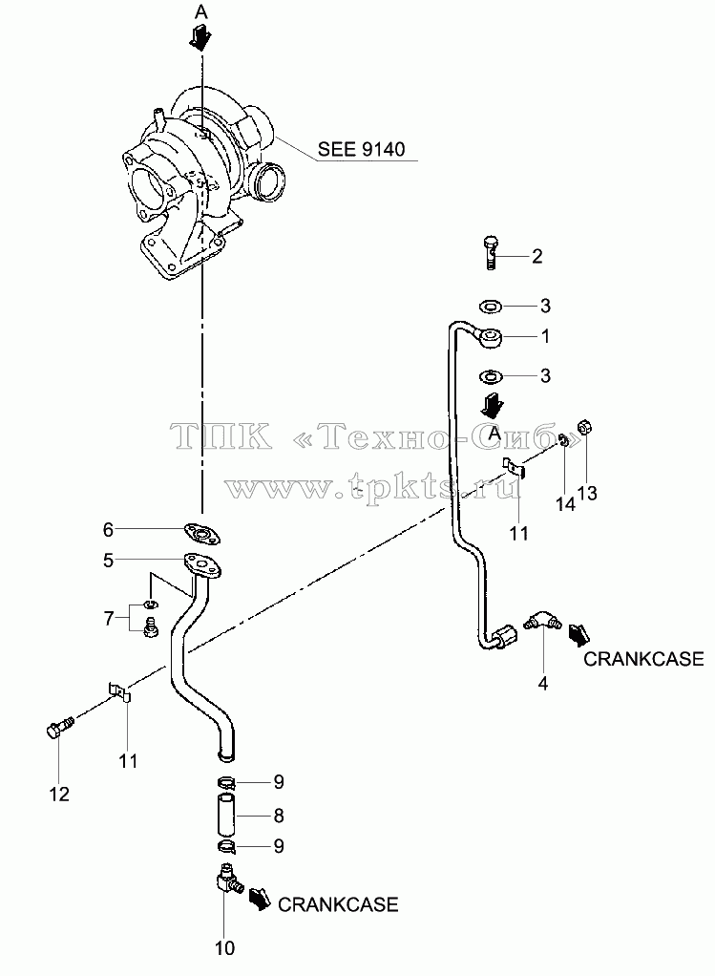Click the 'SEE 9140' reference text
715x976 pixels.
click(361, 149)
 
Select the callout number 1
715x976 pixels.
click(546, 337)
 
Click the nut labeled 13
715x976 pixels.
click(585, 428)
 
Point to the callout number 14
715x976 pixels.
click(565, 503)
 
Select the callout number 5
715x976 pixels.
click(108, 561)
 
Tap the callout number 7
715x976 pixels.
click(108, 619)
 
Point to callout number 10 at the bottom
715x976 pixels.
click(224, 948)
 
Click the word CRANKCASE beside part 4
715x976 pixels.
click(643, 659)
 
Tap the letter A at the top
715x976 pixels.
click(201, 11)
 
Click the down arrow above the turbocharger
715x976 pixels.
click(201, 38)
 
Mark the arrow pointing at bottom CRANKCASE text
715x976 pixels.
click(260, 900)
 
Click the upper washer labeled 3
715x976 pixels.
click(491, 306)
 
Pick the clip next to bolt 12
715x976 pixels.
click(120, 690)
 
